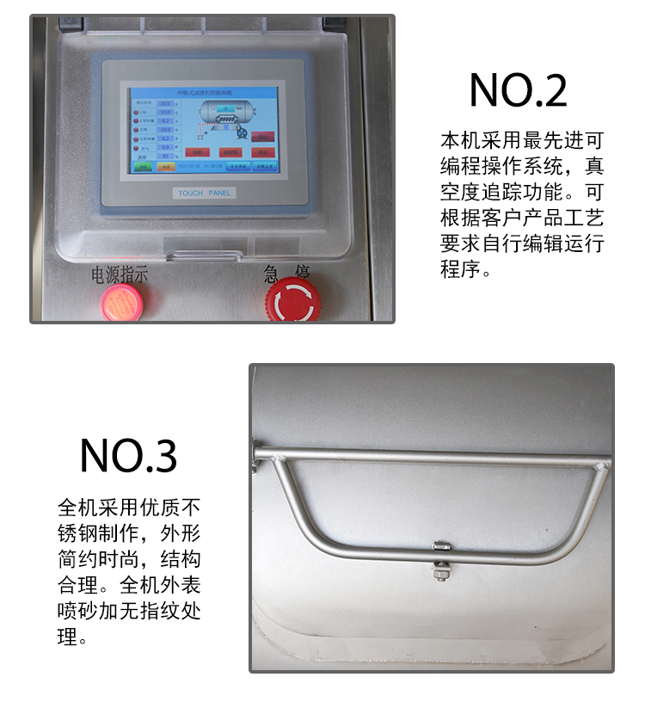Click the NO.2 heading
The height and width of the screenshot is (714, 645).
pyautogui.click(x=518, y=90)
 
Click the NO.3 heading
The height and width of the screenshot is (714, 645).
pyautogui.click(x=128, y=455)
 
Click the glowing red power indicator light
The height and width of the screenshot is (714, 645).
pyautogui.click(x=121, y=302)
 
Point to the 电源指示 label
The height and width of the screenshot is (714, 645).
pyautogui.click(x=120, y=275)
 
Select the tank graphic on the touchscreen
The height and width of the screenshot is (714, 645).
pyautogui.click(x=224, y=112)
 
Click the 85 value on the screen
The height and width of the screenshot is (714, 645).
pyautogui.click(x=165, y=157)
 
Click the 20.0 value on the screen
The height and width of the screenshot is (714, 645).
pyautogui.click(x=165, y=103)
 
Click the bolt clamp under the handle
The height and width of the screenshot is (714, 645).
pyautogui.click(x=440, y=559)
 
